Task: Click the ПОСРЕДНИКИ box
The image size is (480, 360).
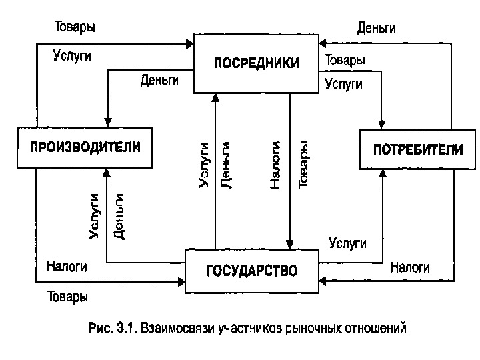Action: (x=256, y=63)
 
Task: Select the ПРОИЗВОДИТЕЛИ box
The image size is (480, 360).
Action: (x=83, y=147)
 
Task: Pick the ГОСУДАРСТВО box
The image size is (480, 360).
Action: (x=251, y=271)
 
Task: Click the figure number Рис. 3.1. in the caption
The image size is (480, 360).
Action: (x=113, y=328)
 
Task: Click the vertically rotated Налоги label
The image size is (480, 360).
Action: (x=276, y=164)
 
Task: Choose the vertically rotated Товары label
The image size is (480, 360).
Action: (x=303, y=164)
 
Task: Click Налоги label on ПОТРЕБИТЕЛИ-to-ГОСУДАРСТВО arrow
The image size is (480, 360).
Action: (x=409, y=267)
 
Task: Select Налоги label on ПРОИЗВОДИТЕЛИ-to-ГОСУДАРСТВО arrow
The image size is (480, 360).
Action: (x=67, y=267)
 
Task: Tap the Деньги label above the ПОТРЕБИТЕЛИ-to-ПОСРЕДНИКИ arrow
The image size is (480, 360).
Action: (x=377, y=28)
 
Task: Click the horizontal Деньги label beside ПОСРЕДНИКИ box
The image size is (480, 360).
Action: (x=160, y=81)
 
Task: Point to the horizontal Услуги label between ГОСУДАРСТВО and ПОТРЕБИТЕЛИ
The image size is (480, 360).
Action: (x=347, y=243)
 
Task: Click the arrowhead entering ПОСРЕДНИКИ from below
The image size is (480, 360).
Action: (x=215, y=97)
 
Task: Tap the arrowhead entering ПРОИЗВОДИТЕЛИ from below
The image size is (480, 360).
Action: (x=107, y=173)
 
